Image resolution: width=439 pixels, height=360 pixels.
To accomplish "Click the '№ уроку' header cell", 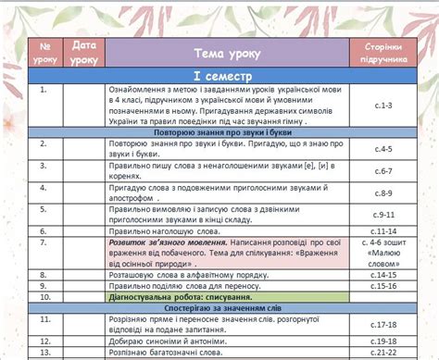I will click(x=44, y=52).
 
